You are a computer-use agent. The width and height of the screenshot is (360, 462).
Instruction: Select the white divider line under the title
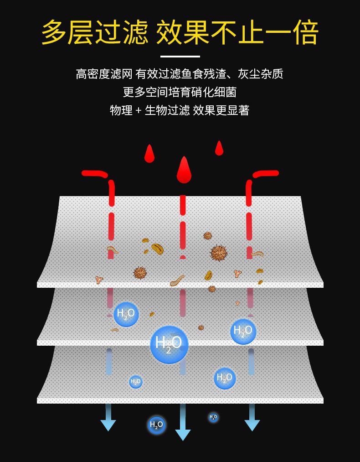coord(180,57)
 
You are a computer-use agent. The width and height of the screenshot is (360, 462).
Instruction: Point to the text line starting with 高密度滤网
coord(180,73)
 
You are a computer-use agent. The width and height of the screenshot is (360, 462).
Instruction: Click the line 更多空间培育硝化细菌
coord(180,92)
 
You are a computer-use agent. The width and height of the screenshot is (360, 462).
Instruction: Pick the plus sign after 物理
coord(139,110)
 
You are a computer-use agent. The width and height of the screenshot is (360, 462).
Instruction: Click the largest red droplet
coord(184,170)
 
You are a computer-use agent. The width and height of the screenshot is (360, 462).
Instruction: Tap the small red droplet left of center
coord(149,154)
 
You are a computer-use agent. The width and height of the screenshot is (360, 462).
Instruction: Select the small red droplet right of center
coord(219,148)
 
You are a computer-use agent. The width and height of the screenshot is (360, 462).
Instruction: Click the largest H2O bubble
coord(169,344)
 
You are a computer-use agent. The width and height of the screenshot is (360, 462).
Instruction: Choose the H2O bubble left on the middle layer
coord(126,314)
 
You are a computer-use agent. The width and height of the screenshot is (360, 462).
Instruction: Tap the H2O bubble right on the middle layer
coord(243,331)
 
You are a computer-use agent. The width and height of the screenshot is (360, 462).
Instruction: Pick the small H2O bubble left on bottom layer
coord(135,382)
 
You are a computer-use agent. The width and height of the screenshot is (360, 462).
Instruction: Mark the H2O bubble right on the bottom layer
coord(225,378)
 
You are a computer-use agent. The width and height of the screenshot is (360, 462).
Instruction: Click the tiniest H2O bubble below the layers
coord(213,417)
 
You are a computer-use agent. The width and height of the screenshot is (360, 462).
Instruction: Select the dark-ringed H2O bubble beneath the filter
coord(156,425)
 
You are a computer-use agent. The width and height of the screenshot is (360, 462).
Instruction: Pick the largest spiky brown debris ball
coord(219,253)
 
